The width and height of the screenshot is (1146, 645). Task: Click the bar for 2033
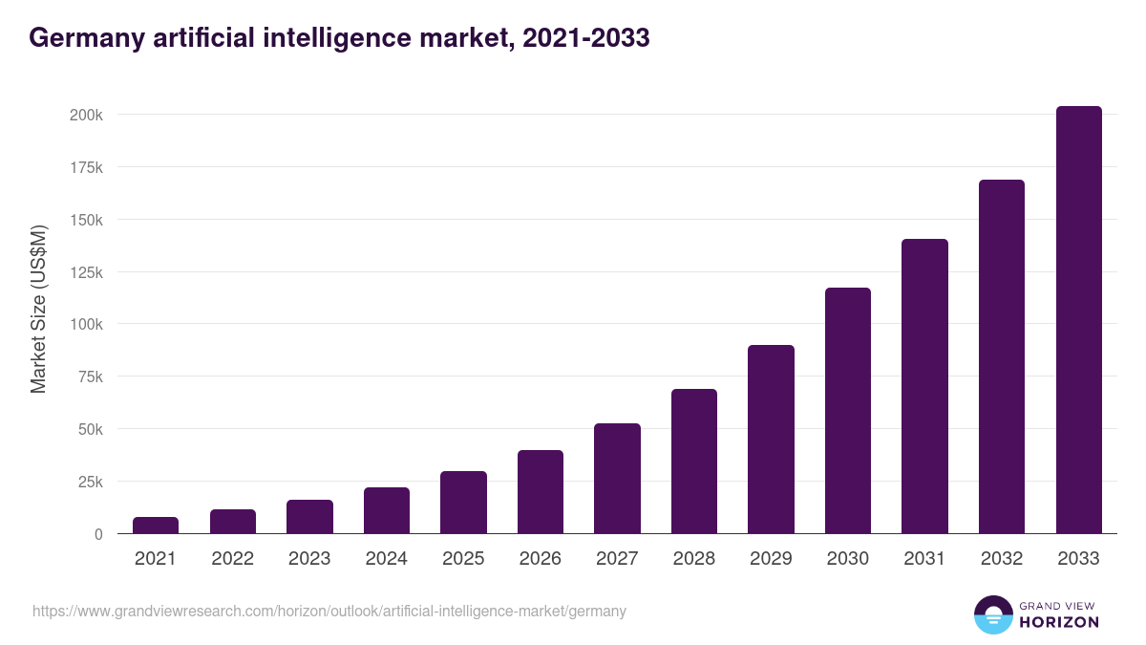(1078, 320)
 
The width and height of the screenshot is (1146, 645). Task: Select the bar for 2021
(156, 526)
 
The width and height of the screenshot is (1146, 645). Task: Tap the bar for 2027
(617, 479)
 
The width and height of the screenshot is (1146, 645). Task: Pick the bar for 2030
(848, 411)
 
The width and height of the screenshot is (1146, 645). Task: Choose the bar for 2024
(387, 511)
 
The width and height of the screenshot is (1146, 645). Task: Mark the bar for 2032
(1002, 356)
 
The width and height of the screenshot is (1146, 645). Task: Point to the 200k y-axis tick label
(86, 115)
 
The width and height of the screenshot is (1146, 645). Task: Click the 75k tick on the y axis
(89, 376)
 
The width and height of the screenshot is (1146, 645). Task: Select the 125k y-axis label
(86, 272)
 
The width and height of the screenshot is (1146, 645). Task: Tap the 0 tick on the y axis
(97, 534)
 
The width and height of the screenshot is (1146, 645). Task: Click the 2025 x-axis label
(463, 559)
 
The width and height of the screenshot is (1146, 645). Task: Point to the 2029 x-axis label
(771, 559)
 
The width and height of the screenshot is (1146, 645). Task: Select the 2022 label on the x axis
(233, 559)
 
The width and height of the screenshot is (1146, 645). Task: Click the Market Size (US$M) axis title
(38, 310)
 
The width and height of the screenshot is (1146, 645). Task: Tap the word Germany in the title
(86, 38)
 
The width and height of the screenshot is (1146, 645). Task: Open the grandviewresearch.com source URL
(329, 611)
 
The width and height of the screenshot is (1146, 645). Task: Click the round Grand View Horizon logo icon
(993, 615)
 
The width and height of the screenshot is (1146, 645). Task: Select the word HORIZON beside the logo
(1058, 622)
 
